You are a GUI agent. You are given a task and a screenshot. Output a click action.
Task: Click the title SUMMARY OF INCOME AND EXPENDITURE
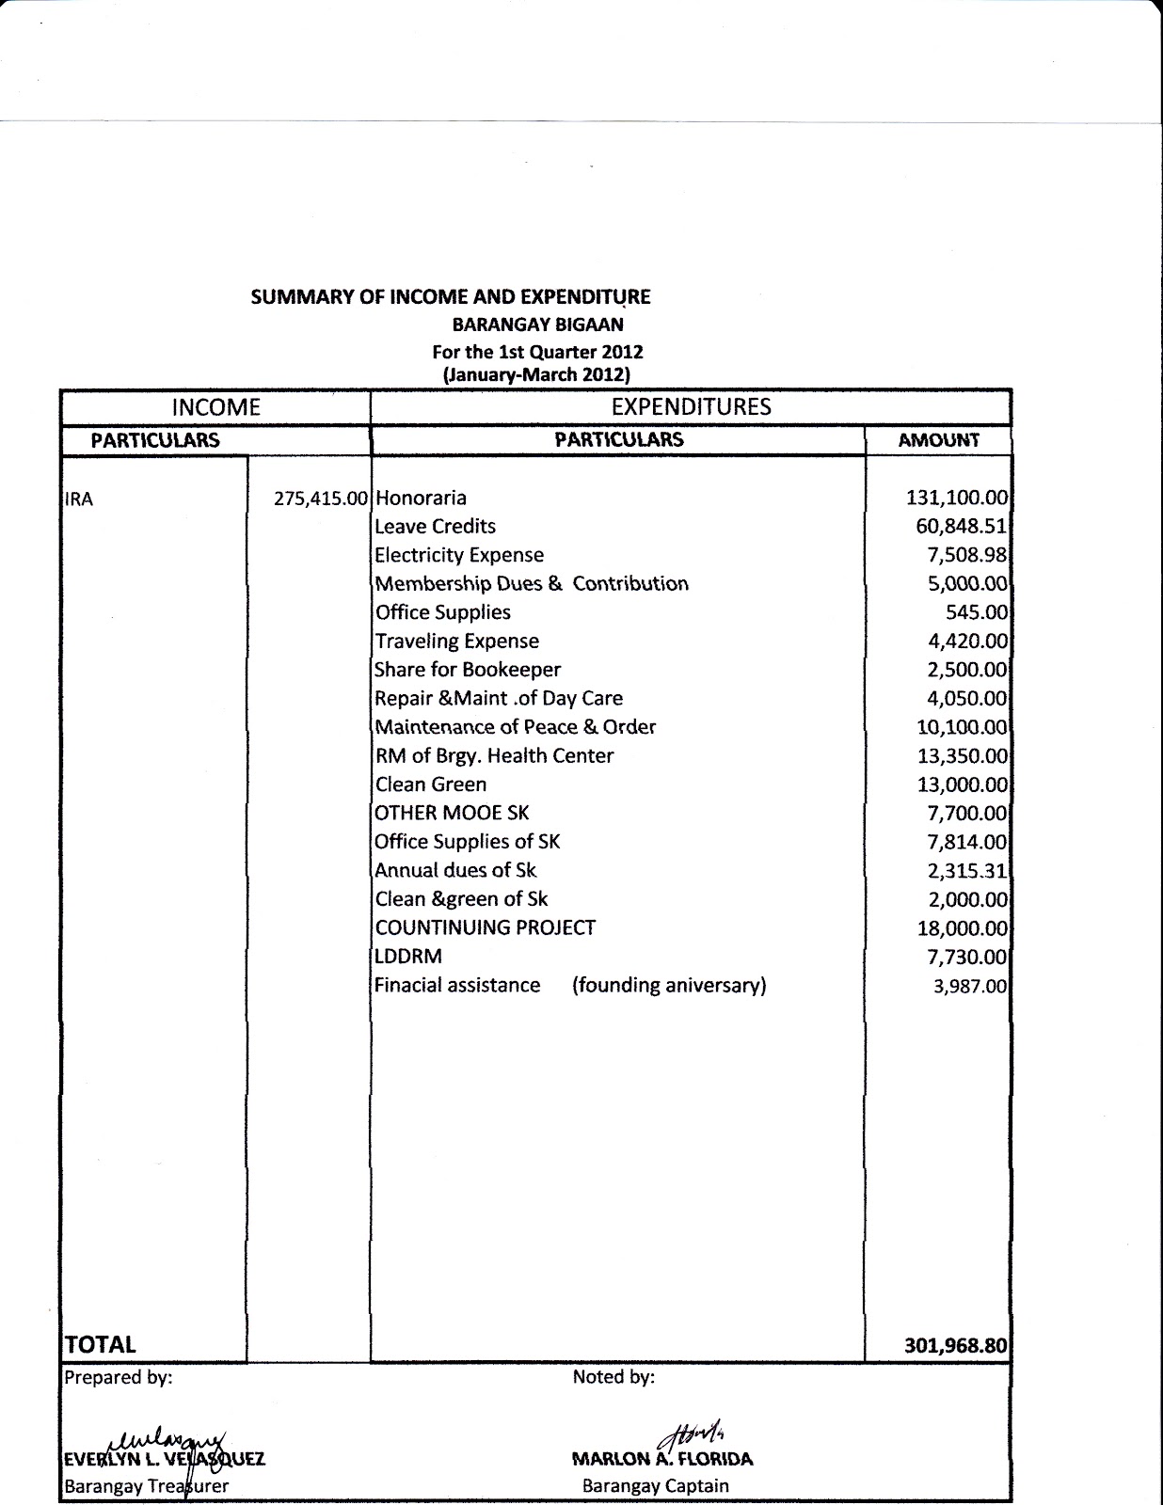click(450, 297)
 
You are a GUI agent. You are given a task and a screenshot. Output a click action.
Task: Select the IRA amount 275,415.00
click(320, 499)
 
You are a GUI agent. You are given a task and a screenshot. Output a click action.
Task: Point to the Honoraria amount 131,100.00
click(957, 498)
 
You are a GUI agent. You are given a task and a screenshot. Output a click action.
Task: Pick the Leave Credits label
click(435, 527)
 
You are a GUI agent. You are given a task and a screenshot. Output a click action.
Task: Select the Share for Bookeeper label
click(467, 670)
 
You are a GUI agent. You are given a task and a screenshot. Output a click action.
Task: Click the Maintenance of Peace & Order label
click(515, 727)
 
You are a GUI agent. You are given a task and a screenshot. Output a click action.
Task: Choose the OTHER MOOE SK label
click(452, 813)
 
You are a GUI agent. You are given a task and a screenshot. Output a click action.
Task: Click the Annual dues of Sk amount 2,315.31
click(967, 871)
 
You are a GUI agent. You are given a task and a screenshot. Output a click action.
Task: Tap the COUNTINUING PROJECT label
click(485, 927)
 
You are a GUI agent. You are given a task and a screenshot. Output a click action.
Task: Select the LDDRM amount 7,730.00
click(967, 957)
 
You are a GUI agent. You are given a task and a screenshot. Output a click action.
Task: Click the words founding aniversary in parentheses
click(669, 986)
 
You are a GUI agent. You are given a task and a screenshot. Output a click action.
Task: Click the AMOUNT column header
click(938, 440)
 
